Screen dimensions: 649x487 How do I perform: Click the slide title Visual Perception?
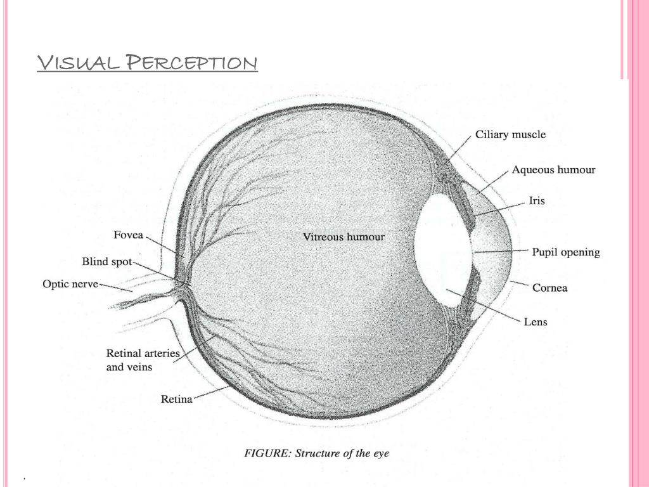pyautogui.click(x=147, y=63)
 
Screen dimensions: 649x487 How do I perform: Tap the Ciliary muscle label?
pyautogui.click(x=510, y=134)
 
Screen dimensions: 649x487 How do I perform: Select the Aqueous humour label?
pyautogui.click(x=553, y=170)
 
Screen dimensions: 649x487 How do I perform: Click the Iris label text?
pyautogui.click(x=536, y=201)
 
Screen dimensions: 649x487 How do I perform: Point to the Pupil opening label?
pyautogui.click(x=565, y=252)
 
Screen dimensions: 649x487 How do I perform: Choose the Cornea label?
pyautogui.click(x=549, y=288)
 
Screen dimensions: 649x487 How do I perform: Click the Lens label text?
pyautogui.click(x=535, y=321)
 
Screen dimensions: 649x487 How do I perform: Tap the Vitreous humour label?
pyautogui.click(x=344, y=237)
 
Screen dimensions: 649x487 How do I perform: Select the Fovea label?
pyautogui.click(x=128, y=235)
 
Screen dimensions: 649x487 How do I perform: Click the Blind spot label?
pyautogui.click(x=106, y=261)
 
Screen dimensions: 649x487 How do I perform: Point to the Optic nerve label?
pyautogui.click(x=70, y=284)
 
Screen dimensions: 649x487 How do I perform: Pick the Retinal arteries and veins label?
pyautogui.click(x=143, y=360)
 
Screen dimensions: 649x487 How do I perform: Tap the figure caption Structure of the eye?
pyautogui.click(x=317, y=453)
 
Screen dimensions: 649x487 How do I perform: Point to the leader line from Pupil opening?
pyautogui.click(x=501, y=252)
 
